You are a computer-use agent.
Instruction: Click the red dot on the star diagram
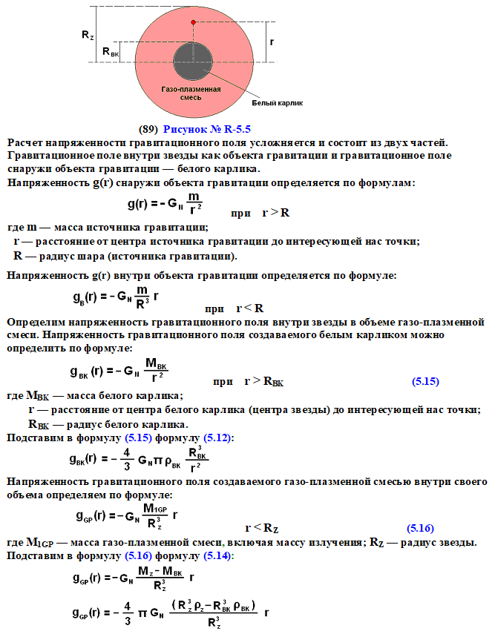pos(193,23)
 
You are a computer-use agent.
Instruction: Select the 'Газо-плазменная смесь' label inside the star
pos(181,92)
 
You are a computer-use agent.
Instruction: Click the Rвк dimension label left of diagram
pos(109,52)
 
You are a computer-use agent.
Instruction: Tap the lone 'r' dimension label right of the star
pos(272,42)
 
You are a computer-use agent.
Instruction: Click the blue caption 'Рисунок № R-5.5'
pos(208,128)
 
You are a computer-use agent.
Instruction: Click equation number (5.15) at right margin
pos(425,382)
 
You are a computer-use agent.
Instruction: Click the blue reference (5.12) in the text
pos(218,438)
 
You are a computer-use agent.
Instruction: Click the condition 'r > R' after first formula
pos(275,213)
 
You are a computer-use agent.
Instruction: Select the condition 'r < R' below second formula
pos(250,308)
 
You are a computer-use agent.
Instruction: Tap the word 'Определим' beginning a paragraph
pos(36,323)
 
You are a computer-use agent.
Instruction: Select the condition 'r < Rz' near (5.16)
pos(261,528)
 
